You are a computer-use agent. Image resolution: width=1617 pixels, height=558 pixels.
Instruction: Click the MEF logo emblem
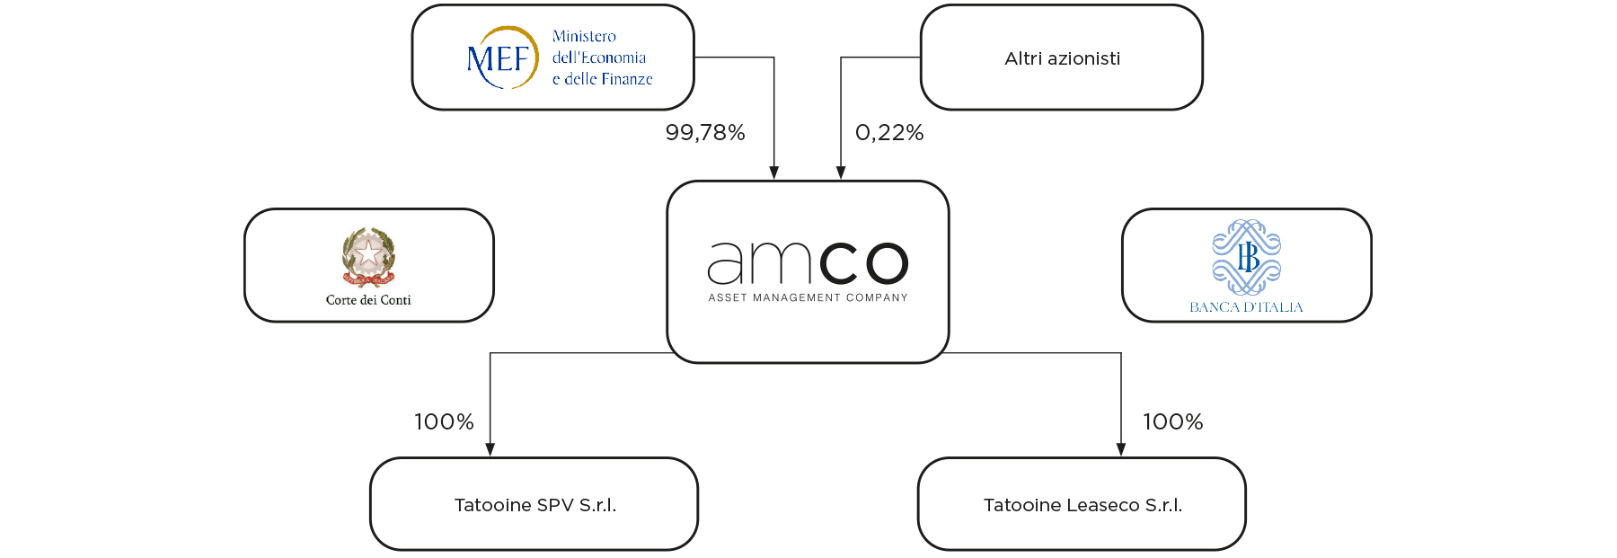tap(502, 58)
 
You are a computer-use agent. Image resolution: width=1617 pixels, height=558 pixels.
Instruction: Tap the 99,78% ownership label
tap(705, 133)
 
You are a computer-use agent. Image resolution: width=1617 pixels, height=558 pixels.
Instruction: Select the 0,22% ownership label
tap(889, 133)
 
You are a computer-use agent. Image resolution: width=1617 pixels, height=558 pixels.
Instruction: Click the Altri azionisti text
tap(1062, 58)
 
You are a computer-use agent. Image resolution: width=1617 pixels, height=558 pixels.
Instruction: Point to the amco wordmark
tap(808, 262)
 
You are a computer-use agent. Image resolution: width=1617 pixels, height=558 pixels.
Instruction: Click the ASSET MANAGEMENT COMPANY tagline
tap(808, 297)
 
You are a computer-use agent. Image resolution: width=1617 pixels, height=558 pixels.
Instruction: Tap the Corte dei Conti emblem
tap(368, 256)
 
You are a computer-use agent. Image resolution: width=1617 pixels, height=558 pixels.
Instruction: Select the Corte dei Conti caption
tap(368, 300)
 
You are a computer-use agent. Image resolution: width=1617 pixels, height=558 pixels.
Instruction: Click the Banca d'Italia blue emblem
tap(1247, 257)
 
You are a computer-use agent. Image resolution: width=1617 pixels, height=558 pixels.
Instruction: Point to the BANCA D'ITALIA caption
tap(1247, 307)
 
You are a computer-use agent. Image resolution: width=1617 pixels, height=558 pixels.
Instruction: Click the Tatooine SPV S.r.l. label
tap(535, 505)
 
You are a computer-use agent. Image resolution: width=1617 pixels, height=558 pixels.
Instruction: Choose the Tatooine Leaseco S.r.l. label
tap(1082, 505)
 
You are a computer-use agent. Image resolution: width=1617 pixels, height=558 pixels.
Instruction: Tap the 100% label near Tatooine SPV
tap(444, 422)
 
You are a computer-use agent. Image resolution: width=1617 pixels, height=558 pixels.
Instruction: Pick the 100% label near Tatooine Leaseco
tap(1172, 422)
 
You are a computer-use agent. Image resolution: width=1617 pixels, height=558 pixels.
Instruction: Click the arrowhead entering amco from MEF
tap(774, 173)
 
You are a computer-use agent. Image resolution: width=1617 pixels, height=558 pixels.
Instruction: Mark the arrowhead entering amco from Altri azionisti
tap(841, 173)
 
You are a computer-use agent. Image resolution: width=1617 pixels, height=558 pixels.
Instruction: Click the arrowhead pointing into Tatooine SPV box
tap(490, 449)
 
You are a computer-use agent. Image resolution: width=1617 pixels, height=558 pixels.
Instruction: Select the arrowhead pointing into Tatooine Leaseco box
tap(1121, 449)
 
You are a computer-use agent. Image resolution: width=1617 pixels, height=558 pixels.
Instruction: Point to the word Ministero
tap(584, 36)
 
